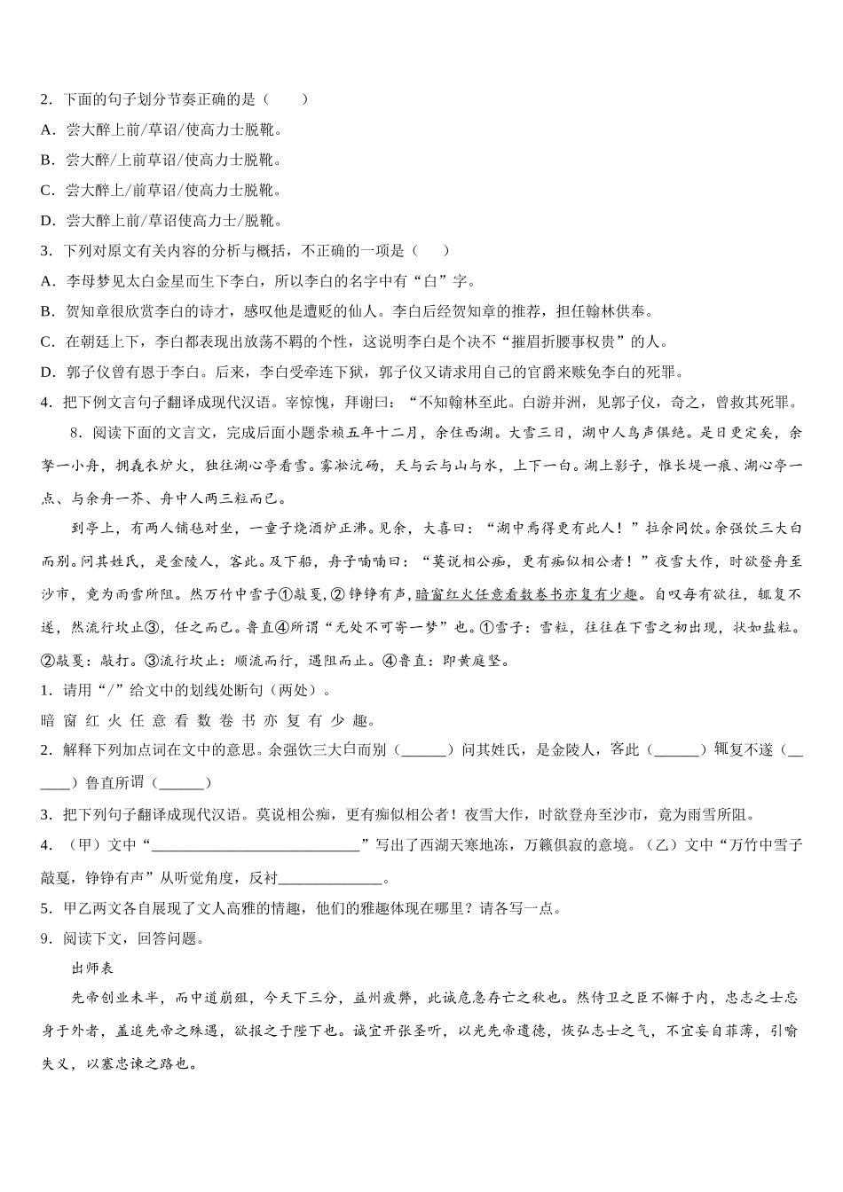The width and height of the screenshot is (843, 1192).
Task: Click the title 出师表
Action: [x=91, y=968]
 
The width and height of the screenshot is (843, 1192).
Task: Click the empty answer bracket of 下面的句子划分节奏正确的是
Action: [x=286, y=99]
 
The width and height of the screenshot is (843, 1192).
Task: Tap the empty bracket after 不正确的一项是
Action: [x=431, y=251]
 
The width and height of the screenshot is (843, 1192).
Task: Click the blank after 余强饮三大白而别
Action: [x=423, y=750]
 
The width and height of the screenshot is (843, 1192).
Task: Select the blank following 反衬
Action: [x=330, y=879]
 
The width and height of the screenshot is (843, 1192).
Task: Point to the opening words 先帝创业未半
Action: [x=114, y=998]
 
